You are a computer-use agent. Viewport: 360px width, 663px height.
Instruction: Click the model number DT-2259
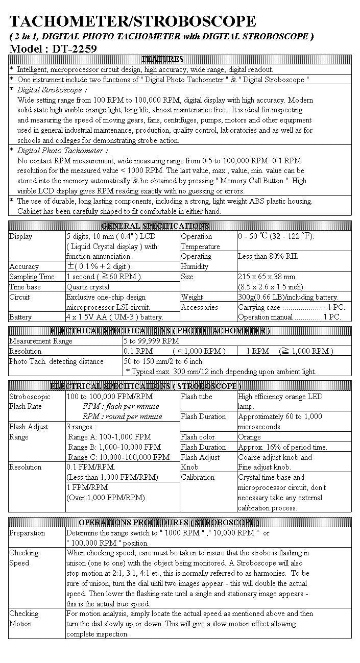74,49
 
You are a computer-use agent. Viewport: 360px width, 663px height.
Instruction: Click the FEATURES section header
162,59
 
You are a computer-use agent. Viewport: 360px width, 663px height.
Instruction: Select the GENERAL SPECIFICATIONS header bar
155,226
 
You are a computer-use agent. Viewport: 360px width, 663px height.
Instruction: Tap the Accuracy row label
24,266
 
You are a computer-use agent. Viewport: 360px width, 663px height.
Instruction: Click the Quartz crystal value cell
89,287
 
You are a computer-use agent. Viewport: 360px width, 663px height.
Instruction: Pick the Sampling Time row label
32,277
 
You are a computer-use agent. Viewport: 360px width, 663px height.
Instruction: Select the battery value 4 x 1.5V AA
115,317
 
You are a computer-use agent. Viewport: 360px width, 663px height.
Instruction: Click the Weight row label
192,297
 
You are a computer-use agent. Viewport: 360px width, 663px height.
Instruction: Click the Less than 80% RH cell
268,256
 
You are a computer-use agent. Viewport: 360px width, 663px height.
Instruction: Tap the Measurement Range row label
41,341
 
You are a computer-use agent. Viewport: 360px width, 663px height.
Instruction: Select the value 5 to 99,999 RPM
152,341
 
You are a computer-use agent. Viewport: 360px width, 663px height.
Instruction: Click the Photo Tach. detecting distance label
56,361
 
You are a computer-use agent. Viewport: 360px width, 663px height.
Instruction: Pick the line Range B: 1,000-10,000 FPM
114,447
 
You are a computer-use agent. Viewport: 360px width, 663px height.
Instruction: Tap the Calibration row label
198,477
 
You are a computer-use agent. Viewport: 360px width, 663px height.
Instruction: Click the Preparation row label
27,533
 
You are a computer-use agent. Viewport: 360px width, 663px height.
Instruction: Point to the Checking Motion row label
24,619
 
